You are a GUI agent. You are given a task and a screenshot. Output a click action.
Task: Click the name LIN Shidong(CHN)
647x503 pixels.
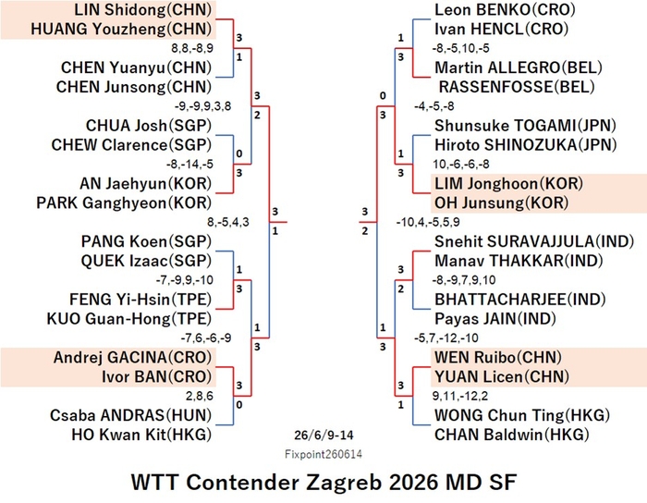point(142,9)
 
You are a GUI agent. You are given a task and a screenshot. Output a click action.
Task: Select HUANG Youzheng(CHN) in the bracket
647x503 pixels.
point(121,29)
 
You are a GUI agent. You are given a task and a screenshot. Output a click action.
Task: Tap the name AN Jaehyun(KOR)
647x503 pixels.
point(146,183)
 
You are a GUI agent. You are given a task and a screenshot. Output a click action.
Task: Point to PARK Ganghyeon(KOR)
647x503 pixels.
point(124,202)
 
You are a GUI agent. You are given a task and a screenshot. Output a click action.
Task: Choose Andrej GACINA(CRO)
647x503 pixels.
point(132,357)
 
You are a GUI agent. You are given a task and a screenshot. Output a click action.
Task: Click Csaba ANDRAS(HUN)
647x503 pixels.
point(131,415)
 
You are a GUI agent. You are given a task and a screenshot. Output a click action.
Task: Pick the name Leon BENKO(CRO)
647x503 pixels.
point(505,9)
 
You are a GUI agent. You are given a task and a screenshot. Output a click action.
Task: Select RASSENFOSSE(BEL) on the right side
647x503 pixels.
point(517,87)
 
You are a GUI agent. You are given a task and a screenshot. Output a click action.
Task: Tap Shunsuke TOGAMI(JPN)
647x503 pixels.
point(525,126)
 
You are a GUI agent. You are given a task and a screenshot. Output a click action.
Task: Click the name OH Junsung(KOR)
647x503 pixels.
point(501,202)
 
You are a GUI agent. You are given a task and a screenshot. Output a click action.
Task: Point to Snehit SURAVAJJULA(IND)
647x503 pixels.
point(534,241)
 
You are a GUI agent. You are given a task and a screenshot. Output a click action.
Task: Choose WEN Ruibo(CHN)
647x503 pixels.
point(498,357)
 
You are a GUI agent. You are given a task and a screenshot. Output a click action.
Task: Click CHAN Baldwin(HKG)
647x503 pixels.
point(512,435)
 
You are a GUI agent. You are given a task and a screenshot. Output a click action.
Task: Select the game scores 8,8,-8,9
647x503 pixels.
point(192,48)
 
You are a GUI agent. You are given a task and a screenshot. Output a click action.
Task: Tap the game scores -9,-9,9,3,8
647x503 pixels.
point(202,106)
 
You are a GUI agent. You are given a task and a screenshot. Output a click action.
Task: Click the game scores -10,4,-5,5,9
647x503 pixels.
point(428,223)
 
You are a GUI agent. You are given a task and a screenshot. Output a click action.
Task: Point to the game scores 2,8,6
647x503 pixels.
point(200,396)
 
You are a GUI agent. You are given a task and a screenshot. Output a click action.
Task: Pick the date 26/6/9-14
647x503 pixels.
point(323,435)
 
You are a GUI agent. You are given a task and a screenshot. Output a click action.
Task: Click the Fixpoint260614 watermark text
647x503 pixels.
point(323,454)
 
